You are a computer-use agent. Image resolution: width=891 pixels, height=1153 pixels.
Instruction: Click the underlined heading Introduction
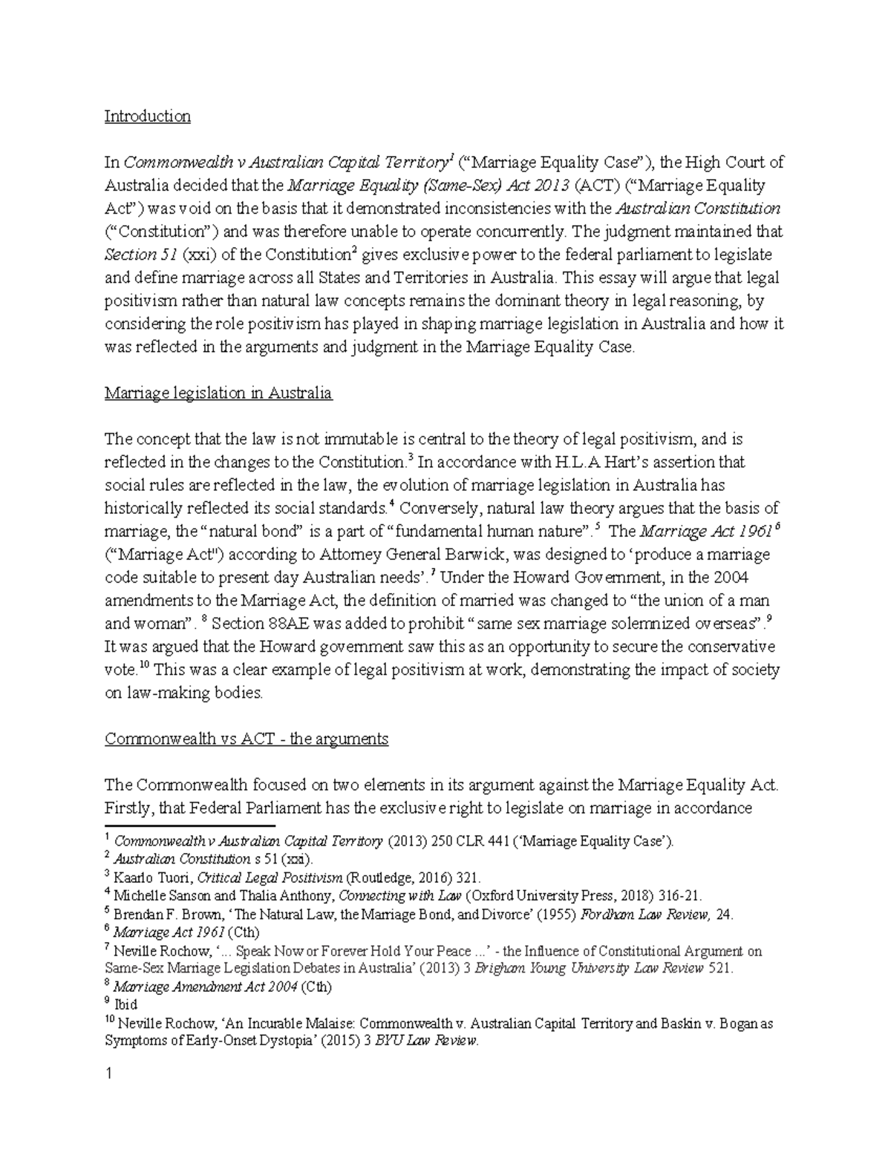147,117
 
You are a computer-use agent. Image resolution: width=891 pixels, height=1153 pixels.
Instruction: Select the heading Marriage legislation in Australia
218,393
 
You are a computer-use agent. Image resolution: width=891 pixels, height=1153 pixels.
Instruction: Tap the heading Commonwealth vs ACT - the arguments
247,739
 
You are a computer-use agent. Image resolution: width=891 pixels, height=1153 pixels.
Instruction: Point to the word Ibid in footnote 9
126,1005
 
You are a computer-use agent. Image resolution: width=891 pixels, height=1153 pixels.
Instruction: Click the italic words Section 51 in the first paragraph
131,255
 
